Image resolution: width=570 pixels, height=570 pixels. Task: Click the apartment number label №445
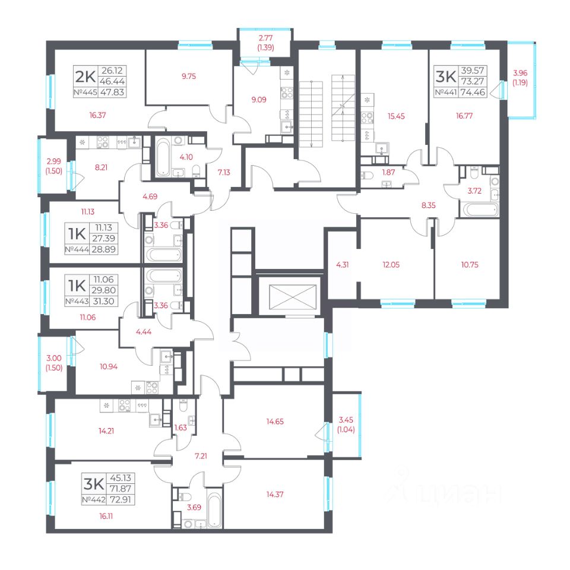tap(85, 93)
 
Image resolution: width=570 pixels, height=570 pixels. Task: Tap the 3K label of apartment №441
tap(446, 77)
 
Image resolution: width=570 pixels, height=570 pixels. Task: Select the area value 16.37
tap(97, 115)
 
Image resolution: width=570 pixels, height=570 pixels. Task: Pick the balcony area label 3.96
tap(520, 72)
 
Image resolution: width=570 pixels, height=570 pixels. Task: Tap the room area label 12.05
tap(391, 265)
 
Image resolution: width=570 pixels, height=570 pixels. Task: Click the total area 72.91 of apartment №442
tap(121, 499)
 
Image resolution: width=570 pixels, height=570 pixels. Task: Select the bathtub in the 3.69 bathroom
tap(214, 509)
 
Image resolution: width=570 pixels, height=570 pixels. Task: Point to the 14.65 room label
tap(275, 422)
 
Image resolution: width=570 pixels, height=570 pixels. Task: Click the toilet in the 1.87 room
tap(367, 176)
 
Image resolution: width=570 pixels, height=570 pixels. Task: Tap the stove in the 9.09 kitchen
tap(286, 93)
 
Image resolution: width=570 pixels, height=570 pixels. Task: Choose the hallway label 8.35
tap(428, 205)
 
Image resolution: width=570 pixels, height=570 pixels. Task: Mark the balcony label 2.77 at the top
tap(265, 38)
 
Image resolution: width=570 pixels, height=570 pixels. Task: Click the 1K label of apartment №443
tap(77, 286)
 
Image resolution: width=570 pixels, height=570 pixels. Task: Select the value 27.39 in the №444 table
tap(103, 239)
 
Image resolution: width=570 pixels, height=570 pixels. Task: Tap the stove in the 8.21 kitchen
tap(103, 142)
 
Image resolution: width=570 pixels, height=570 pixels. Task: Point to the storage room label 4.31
tap(342, 265)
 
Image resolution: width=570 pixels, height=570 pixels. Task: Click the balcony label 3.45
tap(346, 420)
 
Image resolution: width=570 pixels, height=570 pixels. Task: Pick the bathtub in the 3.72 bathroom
tap(479, 210)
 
